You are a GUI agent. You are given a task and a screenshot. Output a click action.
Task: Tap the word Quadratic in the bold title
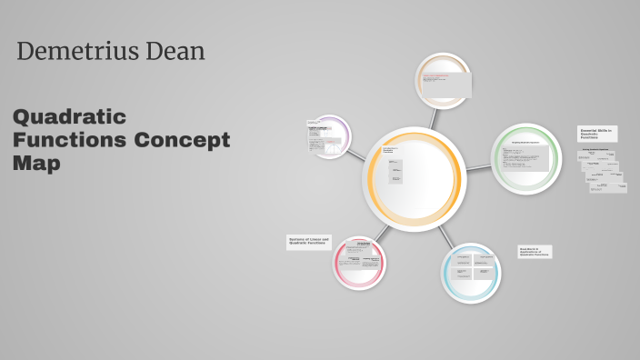coord(69,117)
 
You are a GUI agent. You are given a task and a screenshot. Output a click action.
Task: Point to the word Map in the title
coord(36,164)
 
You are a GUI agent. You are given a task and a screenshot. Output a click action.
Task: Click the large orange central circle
coord(414,178)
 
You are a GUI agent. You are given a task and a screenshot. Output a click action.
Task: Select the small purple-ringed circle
coord(328,137)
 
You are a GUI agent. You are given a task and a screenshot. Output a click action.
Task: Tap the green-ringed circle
coord(526,158)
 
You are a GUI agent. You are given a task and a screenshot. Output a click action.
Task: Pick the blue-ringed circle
coord(472,273)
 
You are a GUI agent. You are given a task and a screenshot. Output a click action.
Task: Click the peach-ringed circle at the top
coord(444,81)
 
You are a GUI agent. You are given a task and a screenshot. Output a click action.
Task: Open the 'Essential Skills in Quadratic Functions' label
coord(597,134)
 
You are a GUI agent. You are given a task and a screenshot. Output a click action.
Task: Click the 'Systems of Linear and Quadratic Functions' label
coord(309,242)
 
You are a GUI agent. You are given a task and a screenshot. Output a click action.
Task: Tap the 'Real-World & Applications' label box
coord(535,252)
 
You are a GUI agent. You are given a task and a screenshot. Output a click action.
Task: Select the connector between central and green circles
coord(478,167)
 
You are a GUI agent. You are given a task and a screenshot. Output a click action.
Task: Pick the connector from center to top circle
coord(435,118)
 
